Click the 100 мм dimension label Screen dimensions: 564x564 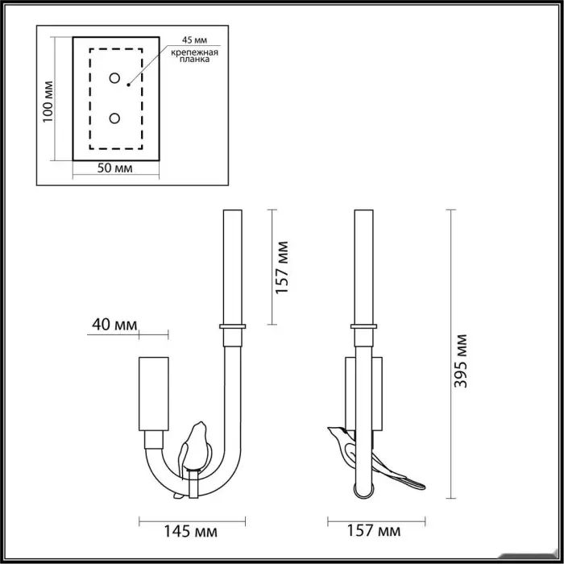pyautogui.click(x=48, y=102)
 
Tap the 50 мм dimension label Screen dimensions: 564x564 pyautogui.click(x=114, y=168)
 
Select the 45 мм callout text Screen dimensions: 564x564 pyautogui.click(x=194, y=40)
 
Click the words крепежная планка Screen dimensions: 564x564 pyautogui.click(x=194, y=56)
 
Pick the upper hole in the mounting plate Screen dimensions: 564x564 pyautogui.click(x=114, y=78)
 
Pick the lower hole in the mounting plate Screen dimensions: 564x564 pyautogui.click(x=114, y=118)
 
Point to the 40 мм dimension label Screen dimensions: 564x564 pyautogui.click(x=114, y=325)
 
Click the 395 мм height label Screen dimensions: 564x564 pyautogui.click(x=460, y=361)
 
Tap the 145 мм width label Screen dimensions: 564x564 pyautogui.click(x=191, y=531)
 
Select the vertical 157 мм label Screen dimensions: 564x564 pyautogui.click(x=282, y=267)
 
